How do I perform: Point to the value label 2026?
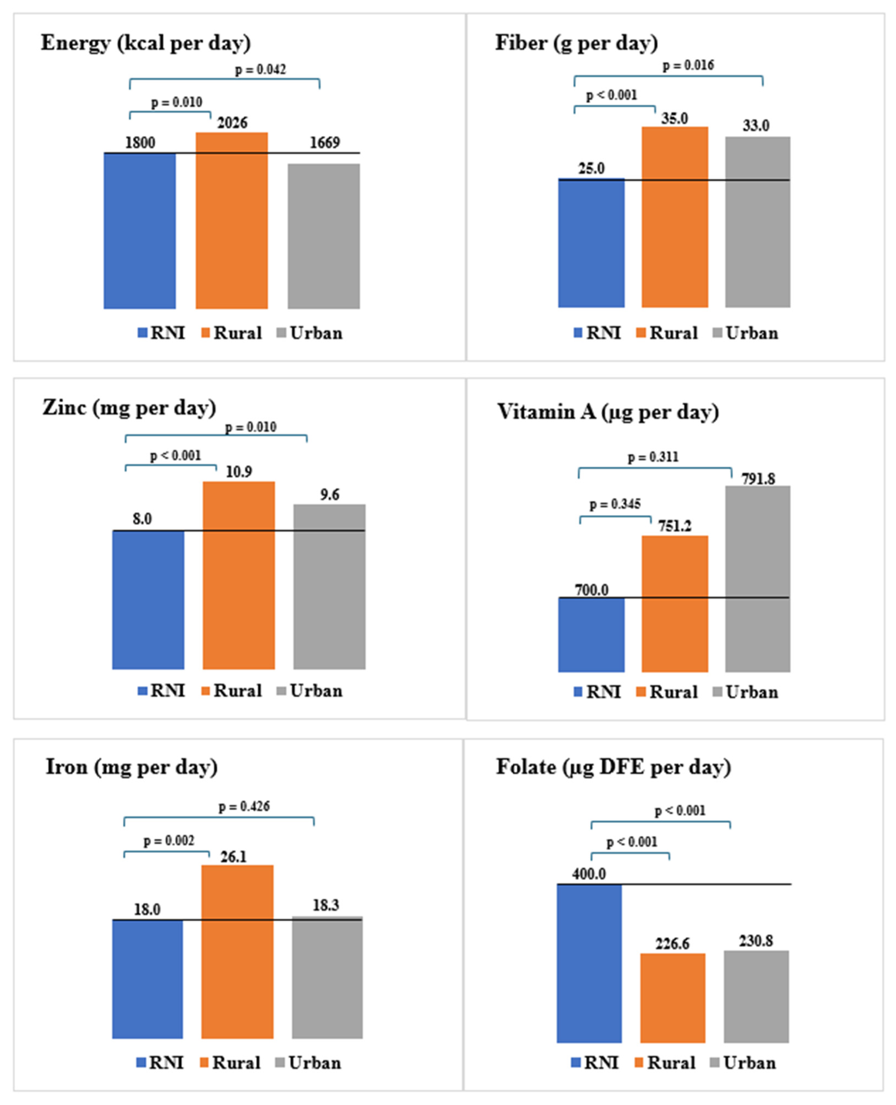232,123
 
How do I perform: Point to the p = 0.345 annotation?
615,504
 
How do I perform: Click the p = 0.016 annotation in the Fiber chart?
688,65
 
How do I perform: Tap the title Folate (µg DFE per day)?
613,767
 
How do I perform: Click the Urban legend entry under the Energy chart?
310,333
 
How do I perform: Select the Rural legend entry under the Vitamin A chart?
667,692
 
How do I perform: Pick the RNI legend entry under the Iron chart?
160,1063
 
